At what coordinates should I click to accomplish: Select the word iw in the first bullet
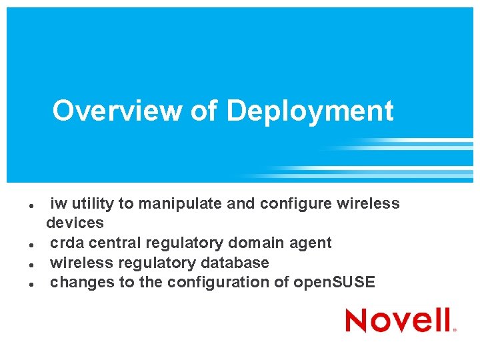59,203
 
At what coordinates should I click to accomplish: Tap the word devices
75,223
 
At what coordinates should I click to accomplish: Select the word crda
67,243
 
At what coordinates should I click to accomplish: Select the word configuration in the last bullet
218,283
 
